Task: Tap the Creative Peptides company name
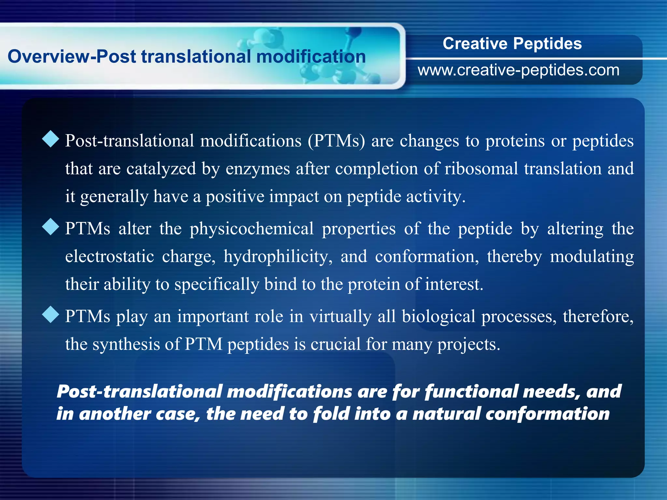coord(512,44)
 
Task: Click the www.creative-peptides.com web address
coord(518,70)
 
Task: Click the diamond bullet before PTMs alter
coord(51,227)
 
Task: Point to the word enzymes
coord(258,169)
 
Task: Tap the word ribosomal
coord(481,169)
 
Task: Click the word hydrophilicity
coord(278,257)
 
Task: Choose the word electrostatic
coord(109,257)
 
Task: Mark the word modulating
coord(592,257)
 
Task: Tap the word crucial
coord(335,344)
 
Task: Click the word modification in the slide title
coord(311,57)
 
